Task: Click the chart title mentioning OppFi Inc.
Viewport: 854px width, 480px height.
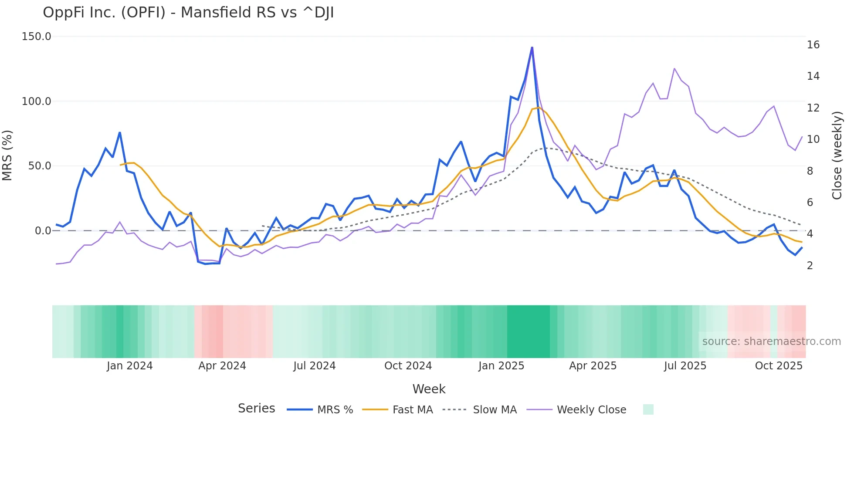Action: [188, 13]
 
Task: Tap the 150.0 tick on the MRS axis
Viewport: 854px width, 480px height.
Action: [37, 37]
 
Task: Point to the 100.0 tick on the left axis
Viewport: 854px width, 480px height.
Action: [37, 101]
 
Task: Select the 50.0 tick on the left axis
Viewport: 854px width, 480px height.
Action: [40, 166]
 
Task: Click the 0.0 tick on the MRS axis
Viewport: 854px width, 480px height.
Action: [43, 231]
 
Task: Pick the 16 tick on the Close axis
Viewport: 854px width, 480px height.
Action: [813, 45]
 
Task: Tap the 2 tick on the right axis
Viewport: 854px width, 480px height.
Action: [810, 266]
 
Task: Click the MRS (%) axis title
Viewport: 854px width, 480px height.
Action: [7, 155]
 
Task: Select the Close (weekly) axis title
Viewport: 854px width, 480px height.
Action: [837, 155]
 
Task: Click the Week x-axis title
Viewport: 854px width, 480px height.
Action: [429, 389]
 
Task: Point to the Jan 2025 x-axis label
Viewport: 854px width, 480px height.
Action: [501, 366]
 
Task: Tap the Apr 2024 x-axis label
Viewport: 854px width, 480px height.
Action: [222, 366]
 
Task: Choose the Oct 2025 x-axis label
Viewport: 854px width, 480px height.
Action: [779, 366]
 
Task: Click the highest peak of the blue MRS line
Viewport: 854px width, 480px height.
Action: [532, 47]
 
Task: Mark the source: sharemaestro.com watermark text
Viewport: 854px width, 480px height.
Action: [771, 341]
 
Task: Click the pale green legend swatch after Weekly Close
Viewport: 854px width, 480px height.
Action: [648, 409]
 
